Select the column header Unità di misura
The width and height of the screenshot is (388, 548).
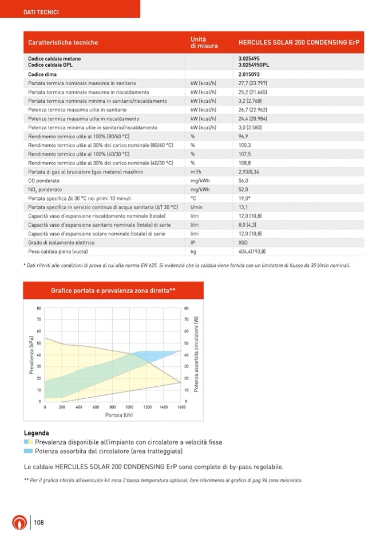click(x=204, y=42)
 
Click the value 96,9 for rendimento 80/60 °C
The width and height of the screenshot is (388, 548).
click(x=243, y=137)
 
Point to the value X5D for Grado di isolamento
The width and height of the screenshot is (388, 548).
click(x=243, y=242)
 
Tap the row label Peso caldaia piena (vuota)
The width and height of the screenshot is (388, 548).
click(x=58, y=251)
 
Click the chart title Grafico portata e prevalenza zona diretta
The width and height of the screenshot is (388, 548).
click(x=113, y=291)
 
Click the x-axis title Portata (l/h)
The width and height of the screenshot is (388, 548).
click(x=119, y=415)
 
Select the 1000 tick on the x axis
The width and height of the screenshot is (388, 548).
click(x=130, y=407)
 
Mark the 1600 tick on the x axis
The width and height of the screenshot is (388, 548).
click(x=181, y=407)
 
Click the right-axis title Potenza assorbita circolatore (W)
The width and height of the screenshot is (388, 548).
click(x=196, y=355)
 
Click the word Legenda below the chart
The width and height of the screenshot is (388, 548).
click(x=36, y=433)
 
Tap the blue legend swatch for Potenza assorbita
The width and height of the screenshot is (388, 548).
click(x=28, y=451)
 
